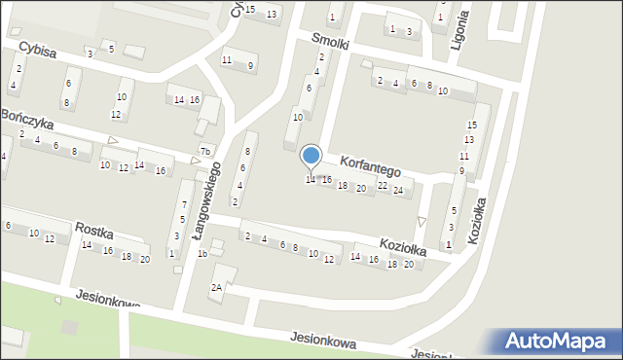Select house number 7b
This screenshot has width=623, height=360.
pos(204,151)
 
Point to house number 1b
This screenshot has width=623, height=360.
pos(202,253)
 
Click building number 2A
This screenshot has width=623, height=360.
pos(217,287)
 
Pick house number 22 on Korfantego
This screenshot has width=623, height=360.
pos(382,186)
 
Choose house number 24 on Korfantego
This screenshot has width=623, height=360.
pos(397,191)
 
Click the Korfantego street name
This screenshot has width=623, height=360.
pos(370,164)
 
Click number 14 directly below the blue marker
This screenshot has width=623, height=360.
pos(311,179)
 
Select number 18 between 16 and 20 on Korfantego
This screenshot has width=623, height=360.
pos(342,185)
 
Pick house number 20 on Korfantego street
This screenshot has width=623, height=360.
pos(360,188)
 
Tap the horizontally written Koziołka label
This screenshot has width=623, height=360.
pos(403,247)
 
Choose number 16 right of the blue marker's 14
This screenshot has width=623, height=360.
pos(327,180)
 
